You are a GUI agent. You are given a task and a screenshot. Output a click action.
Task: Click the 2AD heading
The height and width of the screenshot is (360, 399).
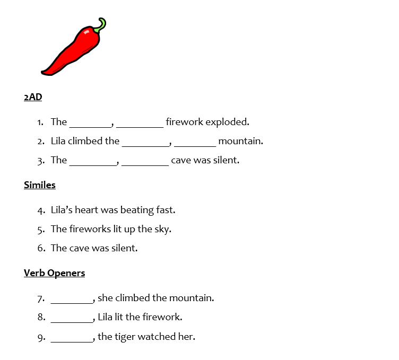pos(33,97)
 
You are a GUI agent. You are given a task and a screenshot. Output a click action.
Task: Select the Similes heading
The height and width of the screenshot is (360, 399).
pos(40,185)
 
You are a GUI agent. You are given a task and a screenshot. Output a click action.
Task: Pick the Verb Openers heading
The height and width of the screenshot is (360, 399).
pos(54,273)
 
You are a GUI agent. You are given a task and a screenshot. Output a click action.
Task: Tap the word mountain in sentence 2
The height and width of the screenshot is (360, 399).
pos(240,141)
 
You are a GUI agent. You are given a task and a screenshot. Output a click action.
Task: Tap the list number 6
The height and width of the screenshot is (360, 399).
pos(40,248)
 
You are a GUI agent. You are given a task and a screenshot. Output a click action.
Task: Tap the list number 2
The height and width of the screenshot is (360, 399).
pos(40,142)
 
